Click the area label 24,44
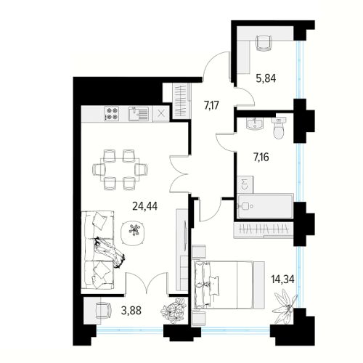145,206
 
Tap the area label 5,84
266,78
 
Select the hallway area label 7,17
212,105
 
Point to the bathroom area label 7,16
261,158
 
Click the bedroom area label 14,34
282,280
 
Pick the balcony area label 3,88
131,311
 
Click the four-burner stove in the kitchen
112,113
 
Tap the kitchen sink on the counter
138,113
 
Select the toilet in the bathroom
279,128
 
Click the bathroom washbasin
254,123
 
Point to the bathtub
265,206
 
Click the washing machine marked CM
245,184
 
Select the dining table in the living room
120,170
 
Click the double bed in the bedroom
229,285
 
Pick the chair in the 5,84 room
264,43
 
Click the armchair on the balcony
103,311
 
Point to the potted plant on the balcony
174,311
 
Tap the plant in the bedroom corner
285,306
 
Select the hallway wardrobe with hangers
181,101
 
